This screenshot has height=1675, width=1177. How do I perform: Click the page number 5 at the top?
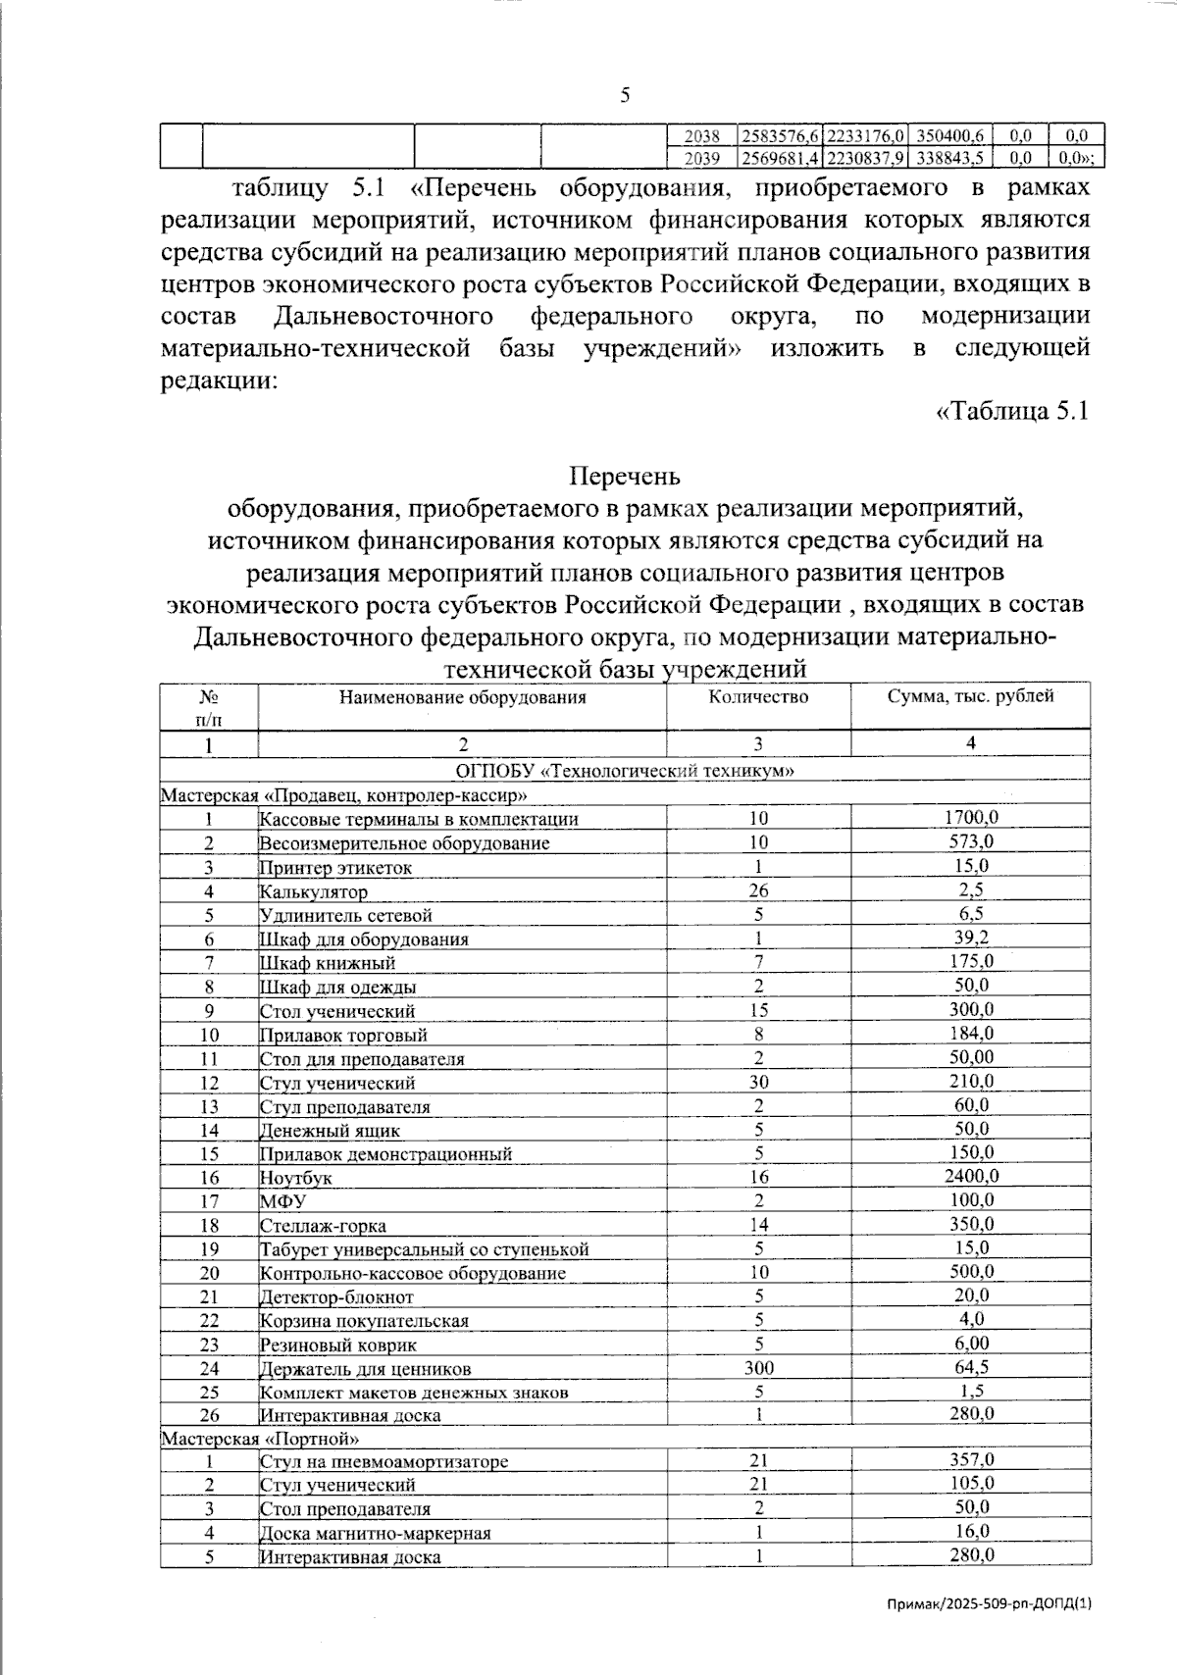tap(625, 95)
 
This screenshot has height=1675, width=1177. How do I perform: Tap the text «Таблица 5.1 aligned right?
tap(1012, 411)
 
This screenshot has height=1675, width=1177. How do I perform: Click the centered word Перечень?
tap(625, 477)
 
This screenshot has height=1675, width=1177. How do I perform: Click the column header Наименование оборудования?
tap(462, 697)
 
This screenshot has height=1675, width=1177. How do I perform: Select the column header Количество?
tap(758, 697)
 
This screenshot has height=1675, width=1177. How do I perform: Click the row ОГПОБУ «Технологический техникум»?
tap(625, 771)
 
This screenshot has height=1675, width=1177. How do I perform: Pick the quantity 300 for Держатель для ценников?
tap(758, 1368)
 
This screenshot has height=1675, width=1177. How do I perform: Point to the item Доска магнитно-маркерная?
tap(375, 1533)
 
